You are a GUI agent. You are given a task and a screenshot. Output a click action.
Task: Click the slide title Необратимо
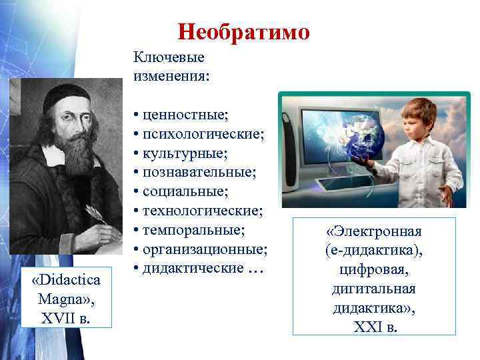tap(243, 32)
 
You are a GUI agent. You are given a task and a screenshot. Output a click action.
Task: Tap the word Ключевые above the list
tap(168, 58)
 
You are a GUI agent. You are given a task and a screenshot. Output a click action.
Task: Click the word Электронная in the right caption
tap(374, 232)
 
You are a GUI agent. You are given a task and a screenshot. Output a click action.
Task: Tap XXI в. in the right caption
tap(374, 327)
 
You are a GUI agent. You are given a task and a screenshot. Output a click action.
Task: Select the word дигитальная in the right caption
tap(374, 289)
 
